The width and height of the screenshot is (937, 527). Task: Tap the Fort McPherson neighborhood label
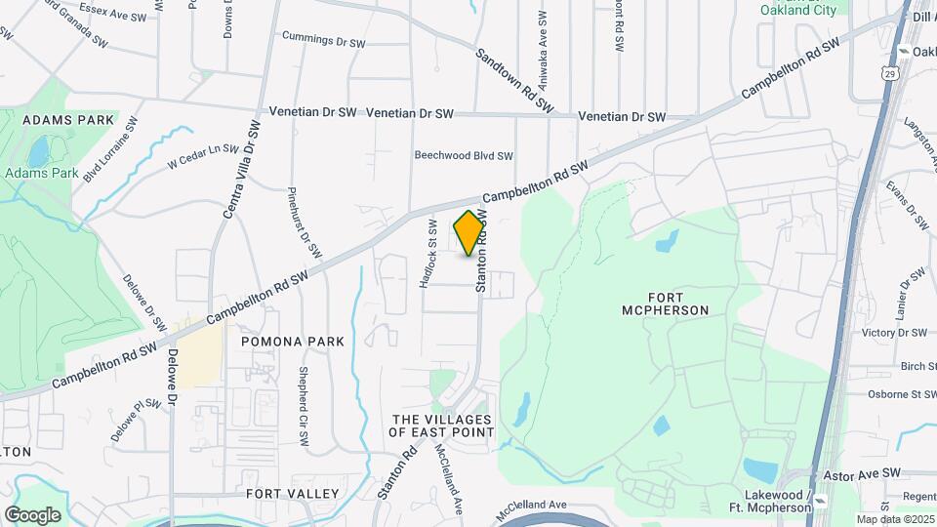[664, 304]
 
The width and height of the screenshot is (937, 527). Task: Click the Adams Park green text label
[41, 173]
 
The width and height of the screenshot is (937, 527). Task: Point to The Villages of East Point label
[441, 425]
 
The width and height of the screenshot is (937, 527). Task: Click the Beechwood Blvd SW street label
[464, 155]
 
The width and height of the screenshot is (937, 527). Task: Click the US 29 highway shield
[888, 73]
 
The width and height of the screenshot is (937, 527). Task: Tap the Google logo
[32, 514]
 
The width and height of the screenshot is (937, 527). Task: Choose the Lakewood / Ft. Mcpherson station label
[770, 502]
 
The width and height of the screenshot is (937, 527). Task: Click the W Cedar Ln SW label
[203, 156]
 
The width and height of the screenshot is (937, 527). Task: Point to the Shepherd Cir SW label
[304, 407]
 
